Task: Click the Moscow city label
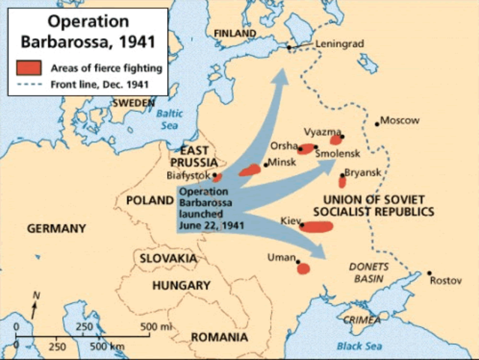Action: coord(400,120)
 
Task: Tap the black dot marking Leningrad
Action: coord(289,49)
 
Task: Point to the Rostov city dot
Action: coord(430,273)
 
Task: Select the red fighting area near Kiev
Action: coord(316,226)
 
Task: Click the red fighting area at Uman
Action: coord(304,268)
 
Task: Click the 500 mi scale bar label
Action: coord(156,326)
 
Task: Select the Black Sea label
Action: coord(359,346)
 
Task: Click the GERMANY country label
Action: coord(57,229)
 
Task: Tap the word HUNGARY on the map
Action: coord(181,286)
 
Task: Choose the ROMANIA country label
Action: coord(219,337)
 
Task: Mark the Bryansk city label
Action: coord(363,172)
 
